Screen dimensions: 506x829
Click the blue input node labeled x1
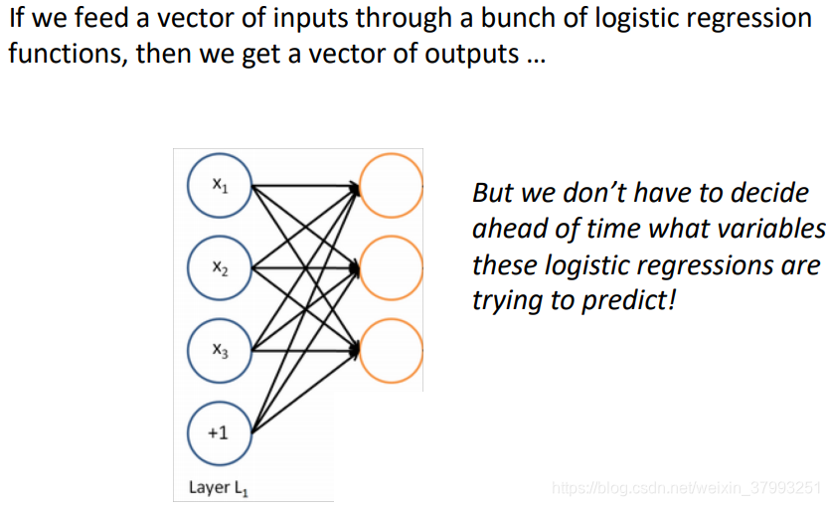(220, 187)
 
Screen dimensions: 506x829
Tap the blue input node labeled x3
(220, 350)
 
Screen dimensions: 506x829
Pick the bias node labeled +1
(220, 432)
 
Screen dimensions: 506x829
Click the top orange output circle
(391, 187)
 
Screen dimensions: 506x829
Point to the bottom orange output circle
(391, 350)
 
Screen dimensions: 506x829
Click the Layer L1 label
(219, 488)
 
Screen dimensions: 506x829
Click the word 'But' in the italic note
(494, 192)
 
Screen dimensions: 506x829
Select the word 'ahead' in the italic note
(504, 229)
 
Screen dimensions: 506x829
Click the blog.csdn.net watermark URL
(686, 488)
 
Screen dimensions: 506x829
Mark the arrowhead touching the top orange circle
(354, 186)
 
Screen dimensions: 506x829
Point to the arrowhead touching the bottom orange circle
(354, 349)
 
